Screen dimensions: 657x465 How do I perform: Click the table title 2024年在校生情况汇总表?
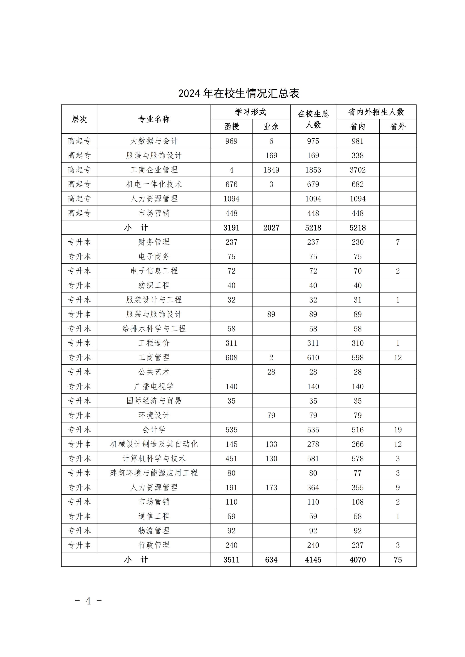239,93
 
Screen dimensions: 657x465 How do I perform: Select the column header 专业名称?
154,119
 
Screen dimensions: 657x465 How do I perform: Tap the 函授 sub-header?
231,127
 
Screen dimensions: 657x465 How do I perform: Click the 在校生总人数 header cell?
313,119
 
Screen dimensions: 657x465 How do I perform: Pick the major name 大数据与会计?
154,141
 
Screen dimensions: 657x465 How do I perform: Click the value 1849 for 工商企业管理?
271,170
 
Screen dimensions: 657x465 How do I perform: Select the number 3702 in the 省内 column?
357,170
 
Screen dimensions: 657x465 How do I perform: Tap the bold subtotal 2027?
271,228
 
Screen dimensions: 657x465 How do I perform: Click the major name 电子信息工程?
154,271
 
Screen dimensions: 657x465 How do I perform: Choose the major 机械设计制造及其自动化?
154,444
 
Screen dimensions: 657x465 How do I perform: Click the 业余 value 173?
271,488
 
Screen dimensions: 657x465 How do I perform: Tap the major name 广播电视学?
154,387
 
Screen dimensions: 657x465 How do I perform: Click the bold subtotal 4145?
313,560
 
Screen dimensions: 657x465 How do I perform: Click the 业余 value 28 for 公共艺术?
271,372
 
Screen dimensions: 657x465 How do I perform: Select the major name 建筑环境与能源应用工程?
154,473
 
